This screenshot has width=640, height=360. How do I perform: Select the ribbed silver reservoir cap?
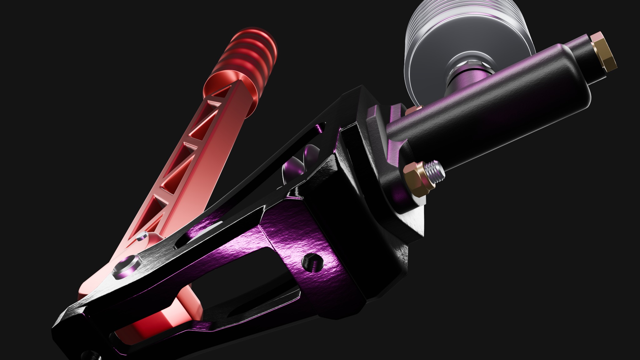[x=437, y=28]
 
